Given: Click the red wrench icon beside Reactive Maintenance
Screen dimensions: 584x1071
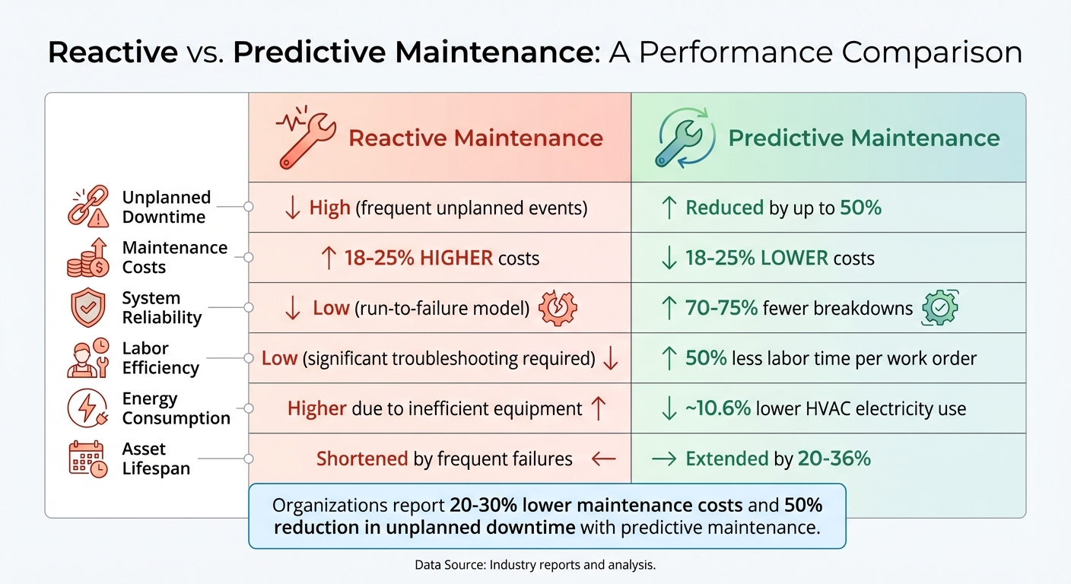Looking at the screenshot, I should coord(305,138).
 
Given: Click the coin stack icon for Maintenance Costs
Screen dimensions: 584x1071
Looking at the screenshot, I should coord(88,257).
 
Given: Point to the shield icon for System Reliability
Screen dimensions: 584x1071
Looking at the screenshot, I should coord(88,308).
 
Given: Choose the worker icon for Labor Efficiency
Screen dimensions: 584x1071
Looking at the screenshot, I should coord(88,358).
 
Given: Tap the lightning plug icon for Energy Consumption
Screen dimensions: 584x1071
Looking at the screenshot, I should coord(88,408).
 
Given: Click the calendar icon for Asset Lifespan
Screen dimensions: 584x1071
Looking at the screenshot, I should coord(88,459).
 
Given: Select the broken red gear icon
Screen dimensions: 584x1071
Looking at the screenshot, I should coord(558,308).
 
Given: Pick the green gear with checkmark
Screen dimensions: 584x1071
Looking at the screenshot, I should coord(939,308).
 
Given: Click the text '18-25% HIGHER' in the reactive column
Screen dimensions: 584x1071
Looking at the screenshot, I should coord(418,258).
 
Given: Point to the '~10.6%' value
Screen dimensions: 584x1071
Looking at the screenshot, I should coord(717,408).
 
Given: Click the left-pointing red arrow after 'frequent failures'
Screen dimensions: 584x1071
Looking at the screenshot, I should coord(603,459).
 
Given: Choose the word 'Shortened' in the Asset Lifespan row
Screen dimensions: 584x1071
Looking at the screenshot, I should coord(362,459).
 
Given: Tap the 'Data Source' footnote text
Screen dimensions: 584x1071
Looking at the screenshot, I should coord(535,565).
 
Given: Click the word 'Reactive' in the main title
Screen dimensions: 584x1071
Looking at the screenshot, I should coord(112,52).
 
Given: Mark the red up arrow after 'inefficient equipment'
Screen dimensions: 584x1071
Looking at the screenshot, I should coord(599,408).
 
